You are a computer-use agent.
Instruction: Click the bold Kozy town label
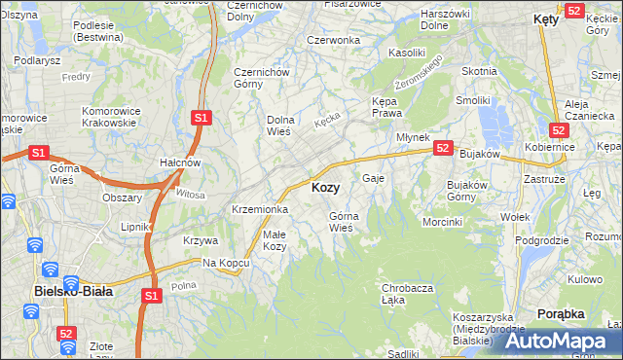pyautogui.click(x=325, y=187)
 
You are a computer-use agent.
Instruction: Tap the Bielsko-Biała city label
pyautogui.click(x=73, y=290)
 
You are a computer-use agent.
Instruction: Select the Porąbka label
pyautogui.click(x=561, y=313)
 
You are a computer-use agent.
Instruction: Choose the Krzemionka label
pyautogui.click(x=259, y=209)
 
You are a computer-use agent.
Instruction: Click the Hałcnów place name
pyautogui.click(x=180, y=162)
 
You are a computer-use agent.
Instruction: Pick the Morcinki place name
pyautogui.click(x=442, y=222)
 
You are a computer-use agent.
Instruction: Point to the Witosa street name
pyautogui.click(x=191, y=195)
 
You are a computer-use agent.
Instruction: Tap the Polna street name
pyautogui.click(x=183, y=285)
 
